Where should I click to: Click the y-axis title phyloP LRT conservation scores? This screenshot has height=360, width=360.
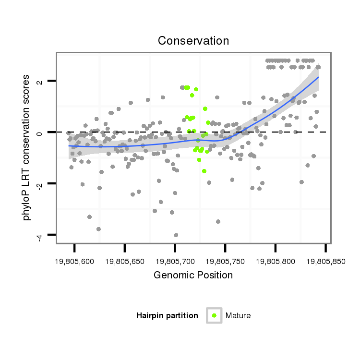(x=27, y=147)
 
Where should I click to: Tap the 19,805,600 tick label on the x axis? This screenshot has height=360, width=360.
(x=74, y=262)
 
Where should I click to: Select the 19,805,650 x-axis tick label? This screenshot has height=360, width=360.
(x=124, y=262)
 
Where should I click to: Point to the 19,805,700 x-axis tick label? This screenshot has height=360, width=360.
(x=175, y=262)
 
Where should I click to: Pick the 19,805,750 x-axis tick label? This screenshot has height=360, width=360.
(x=225, y=262)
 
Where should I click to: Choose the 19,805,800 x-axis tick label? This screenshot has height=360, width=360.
(x=275, y=262)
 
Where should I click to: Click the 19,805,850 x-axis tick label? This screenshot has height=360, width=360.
(x=325, y=262)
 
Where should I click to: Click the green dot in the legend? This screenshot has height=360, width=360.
(x=214, y=315)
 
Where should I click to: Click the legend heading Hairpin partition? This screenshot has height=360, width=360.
(x=167, y=315)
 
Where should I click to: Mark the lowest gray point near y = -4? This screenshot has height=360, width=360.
(x=176, y=235)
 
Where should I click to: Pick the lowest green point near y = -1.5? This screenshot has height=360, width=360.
(x=204, y=171)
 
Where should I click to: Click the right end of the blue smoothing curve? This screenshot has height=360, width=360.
(x=318, y=77)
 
